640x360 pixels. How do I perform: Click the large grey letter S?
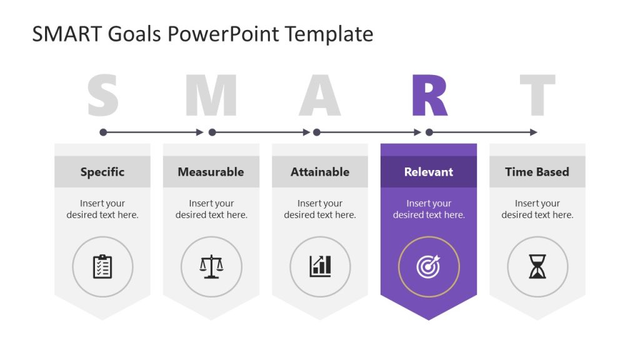102,96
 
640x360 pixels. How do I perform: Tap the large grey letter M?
211,96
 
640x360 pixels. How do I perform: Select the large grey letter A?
319,96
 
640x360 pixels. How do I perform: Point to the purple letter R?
429,96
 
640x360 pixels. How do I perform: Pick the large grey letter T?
537,96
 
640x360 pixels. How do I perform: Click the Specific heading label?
102,172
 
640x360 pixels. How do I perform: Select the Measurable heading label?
211,172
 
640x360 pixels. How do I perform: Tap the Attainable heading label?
320,172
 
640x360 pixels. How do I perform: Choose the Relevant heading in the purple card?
429,172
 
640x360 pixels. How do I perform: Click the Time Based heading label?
537,172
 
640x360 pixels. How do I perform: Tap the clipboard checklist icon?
102,267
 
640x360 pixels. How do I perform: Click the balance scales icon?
211,267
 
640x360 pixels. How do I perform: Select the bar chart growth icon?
320,267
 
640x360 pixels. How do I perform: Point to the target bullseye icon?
429,267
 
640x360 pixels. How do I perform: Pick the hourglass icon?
537,267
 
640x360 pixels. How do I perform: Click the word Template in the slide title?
329,34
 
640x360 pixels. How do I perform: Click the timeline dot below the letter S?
103,132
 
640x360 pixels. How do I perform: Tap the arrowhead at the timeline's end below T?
534,132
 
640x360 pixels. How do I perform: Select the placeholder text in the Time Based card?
537,209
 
